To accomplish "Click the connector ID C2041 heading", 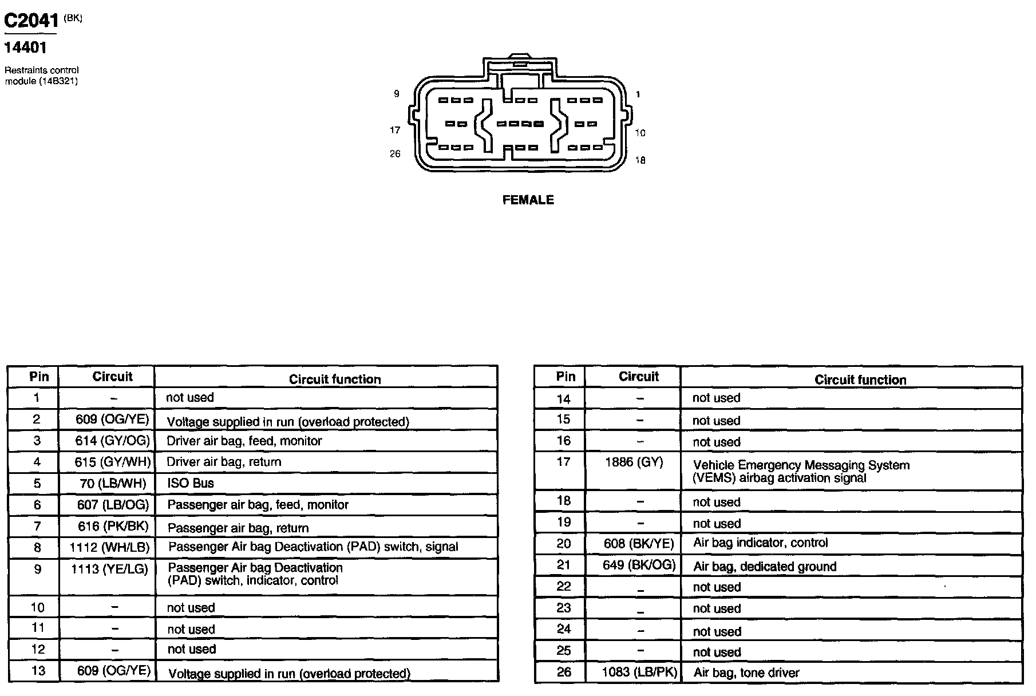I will click(31, 21).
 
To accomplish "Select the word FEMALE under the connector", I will click(528, 200).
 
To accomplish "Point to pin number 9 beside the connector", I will click(396, 93).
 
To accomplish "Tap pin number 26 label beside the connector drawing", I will click(395, 153).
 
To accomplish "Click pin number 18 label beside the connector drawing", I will click(640, 160).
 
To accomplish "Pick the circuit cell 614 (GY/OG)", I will click(112, 441).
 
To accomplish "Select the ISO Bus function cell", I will click(190, 483).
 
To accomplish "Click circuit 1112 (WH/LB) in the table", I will click(109, 547).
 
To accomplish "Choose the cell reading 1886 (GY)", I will click(634, 462).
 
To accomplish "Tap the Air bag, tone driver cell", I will click(746, 673).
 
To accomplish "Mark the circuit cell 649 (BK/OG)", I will click(639, 565).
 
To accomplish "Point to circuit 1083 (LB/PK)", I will click(639, 673).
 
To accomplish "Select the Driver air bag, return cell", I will click(224, 462).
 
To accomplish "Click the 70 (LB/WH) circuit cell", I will click(113, 484).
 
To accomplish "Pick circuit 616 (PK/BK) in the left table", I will click(113, 527).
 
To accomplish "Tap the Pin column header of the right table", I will click(565, 377).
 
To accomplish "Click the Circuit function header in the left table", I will click(334, 379).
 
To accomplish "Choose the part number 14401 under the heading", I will click(25, 48).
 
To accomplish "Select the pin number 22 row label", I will click(564, 587).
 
